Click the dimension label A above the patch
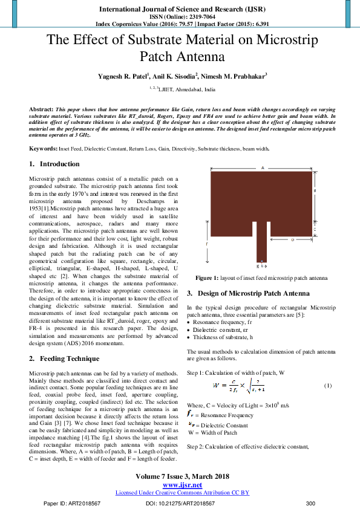tap(263, 167)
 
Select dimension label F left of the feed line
tap(206, 244)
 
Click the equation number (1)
tap(327, 386)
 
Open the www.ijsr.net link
tap(182, 485)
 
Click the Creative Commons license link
tap(182, 493)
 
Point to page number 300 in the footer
tap(311, 503)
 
